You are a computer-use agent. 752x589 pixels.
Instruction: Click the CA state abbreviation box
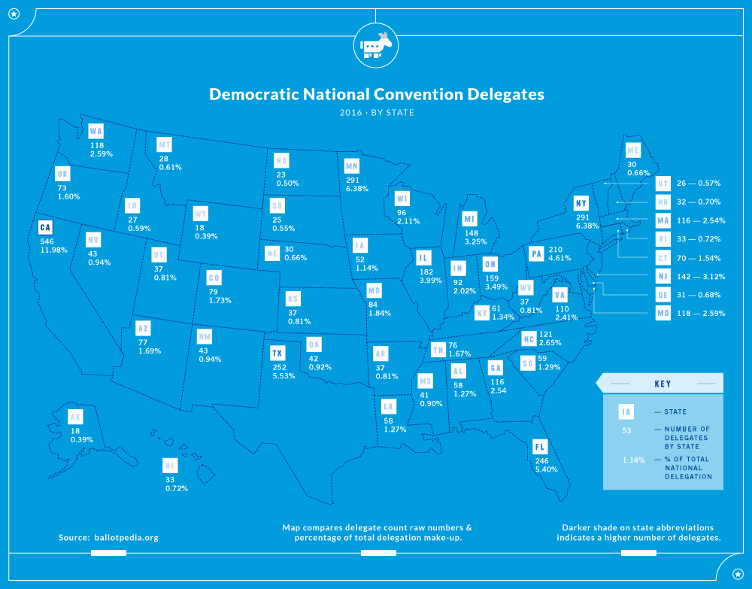47,227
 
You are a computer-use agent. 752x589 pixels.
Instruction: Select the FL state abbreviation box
539,447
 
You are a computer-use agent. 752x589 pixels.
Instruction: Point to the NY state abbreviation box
581,204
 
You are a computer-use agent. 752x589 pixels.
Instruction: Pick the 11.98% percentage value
54,250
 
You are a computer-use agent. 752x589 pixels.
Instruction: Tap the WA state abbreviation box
96,132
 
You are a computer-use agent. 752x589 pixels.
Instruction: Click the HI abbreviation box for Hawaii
170,466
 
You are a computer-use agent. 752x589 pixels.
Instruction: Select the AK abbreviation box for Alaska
75,417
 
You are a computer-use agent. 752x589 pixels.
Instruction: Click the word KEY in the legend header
663,384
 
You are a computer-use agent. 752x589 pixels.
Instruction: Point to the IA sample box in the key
626,412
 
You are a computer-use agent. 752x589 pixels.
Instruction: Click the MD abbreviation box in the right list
662,313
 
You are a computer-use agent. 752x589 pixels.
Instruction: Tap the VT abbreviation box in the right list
662,184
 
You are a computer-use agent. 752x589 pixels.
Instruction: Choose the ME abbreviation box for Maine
633,150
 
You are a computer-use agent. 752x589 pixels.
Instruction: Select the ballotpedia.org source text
126,538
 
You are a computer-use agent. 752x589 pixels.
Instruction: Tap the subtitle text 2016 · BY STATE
377,113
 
